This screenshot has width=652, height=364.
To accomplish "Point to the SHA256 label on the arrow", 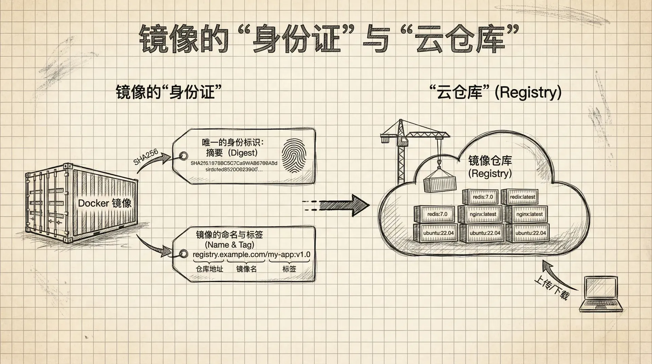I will pyautogui.click(x=146, y=157).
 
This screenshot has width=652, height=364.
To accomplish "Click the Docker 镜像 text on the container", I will pyautogui.click(x=105, y=203).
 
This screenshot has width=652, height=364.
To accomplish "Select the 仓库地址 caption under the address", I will pyautogui.click(x=210, y=269).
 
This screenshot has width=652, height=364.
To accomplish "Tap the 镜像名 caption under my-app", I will pyautogui.click(x=247, y=269).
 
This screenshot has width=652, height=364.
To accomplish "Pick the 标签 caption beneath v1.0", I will pyautogui.click(x=289, y=269).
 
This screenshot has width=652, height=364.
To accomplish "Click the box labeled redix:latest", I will pyautogui.click(x=522, y=197).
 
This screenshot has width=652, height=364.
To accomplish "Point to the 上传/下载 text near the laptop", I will pyautogui.click(x=551, y=287).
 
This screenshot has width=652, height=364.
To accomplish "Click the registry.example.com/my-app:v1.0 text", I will pyautogui.click(x=251, y=255).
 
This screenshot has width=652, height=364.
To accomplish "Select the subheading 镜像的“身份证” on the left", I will pyautogui.click(x=169, y=92).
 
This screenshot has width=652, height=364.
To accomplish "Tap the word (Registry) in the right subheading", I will pyautogui.click(x=528, y=92).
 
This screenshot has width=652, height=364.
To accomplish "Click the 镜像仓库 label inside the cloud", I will pyautogui.click(x=490, y=161).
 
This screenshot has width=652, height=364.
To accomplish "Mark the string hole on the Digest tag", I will pyautogui.click(x=184, y=156).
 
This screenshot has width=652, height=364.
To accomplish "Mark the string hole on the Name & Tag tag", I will pyautogui.click(x=183, y=254).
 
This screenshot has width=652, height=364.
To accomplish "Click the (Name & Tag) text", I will pyautogui.click(x=230, y=244).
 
